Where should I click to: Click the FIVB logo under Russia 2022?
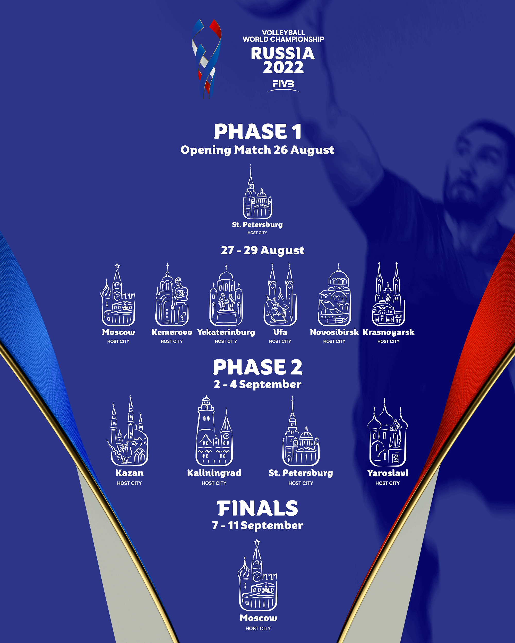click(283, 85)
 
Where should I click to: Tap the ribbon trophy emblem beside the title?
click(206, 59)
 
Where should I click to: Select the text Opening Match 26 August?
click(257, 150)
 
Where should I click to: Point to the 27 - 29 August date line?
click(263, 250)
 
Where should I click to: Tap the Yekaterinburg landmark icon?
click(226, 295)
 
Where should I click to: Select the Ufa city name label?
click(280, 332)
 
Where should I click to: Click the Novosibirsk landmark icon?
click(334, 295)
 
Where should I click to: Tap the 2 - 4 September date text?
click(257, 385)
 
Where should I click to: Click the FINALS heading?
click(257, 509)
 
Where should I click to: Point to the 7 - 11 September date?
click(257, 525)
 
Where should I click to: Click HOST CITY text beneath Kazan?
click(129, 483)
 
